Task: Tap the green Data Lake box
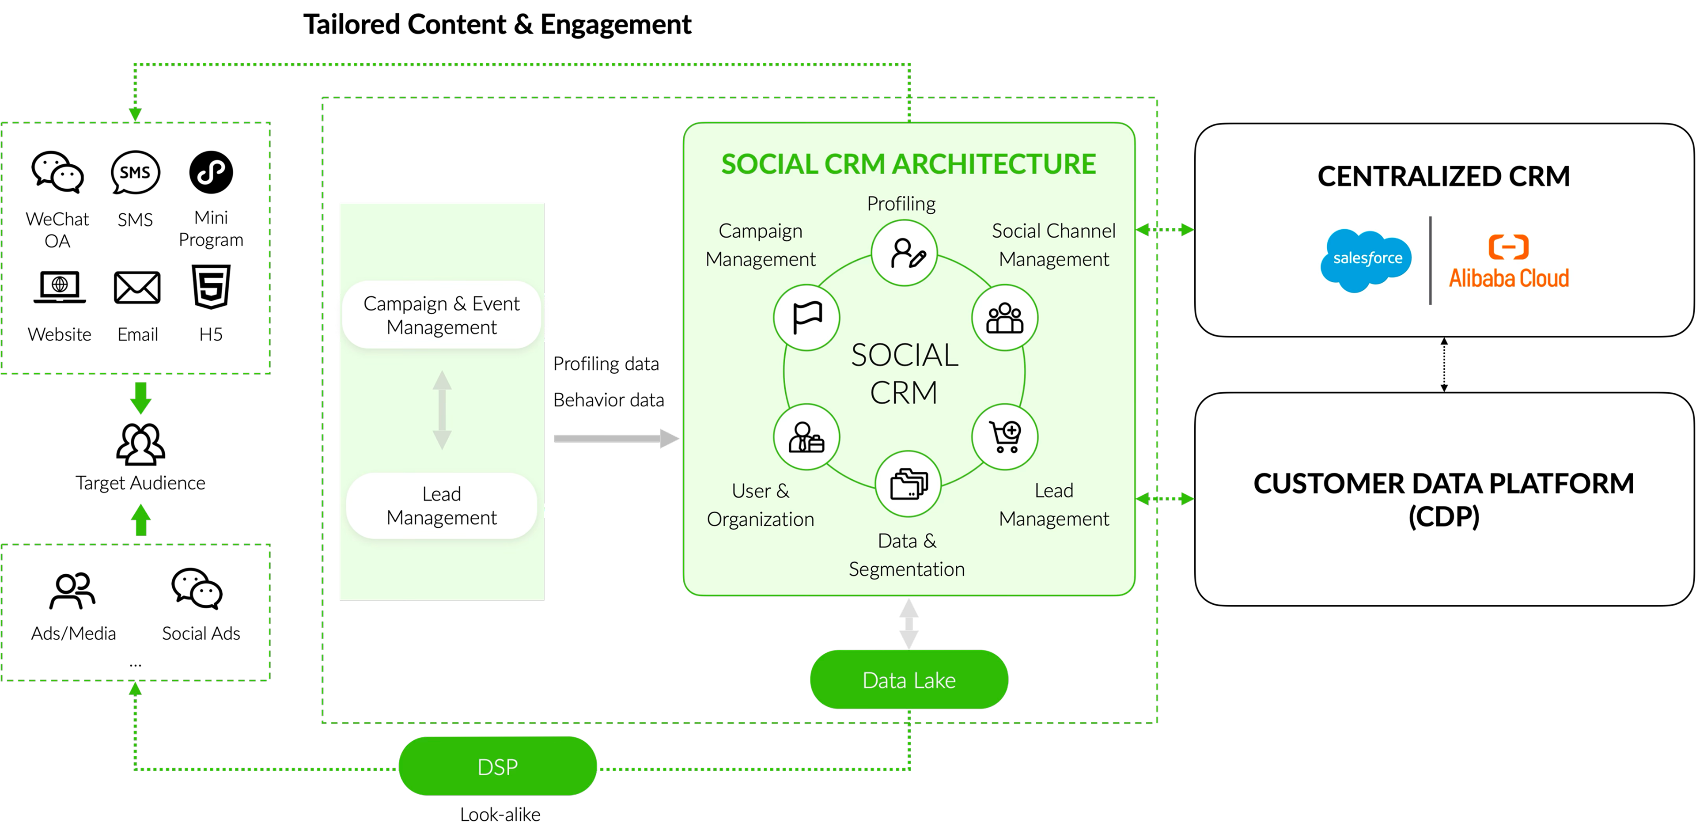click(x=909, y=679)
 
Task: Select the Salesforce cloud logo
click(x=1366, y=259)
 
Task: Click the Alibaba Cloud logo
click(x=1508, y=262)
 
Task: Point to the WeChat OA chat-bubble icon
click(x=58, y=172)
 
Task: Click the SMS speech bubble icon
click(x=136, y=172)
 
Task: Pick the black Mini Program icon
click(x=211, y=172)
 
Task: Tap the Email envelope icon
click(x=137, y=288)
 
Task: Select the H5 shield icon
click(x=211, y=287)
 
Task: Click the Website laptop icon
click(x=59, y=288)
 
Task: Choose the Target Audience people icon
click(x=140, y=444)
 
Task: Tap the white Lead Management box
click(x=442, y=505)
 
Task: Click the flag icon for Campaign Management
click(x=806, y=318)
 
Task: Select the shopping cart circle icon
click(x=1005, y=437)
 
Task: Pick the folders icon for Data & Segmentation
click(x=909, y=485)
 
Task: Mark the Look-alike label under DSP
click(x=500, y=814)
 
